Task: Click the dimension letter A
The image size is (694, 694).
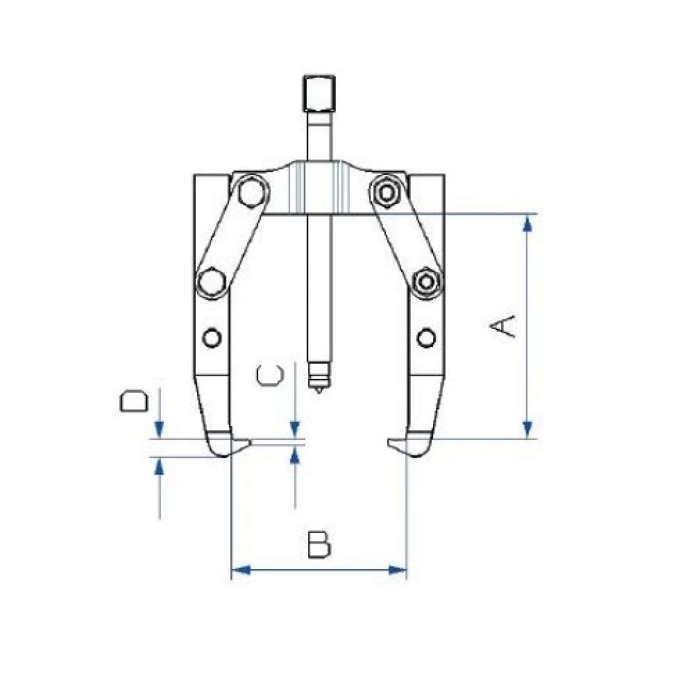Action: (x=502, y=327)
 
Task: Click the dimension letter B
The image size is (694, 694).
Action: (x=319, y=544)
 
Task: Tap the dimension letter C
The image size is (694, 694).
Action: (x=269, y=375)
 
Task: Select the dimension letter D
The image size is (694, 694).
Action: (x=133, y=401)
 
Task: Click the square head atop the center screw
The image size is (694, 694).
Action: (x=319, y=94)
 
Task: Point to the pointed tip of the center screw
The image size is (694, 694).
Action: (x=319, y=392)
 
